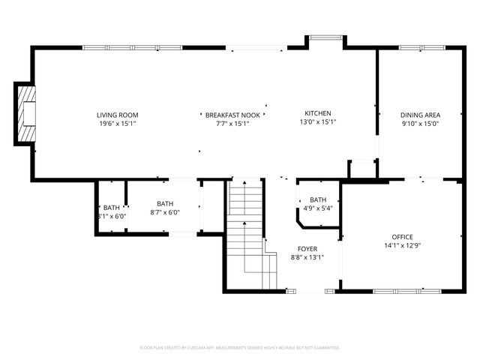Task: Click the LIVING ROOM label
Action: pos(117,115)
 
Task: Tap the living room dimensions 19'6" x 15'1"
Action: pos(117,123)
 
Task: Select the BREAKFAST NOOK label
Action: pos(232,115)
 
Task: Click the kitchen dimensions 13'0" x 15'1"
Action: pos(318,121)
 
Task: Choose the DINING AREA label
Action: pos(420,115)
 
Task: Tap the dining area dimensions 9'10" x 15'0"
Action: pos(420,123)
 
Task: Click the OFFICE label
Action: pos(402,237)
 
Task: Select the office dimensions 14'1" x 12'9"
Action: pos(402,245)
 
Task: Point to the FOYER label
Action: pos(307,249)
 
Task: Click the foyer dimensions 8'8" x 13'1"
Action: pos(307,257)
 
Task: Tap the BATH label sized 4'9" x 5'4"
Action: pos(318,199)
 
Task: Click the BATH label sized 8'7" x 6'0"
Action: pos(165,203)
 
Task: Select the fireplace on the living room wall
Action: pos(27,113)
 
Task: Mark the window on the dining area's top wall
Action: pos(420,48)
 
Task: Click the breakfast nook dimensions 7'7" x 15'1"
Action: pos(232,123)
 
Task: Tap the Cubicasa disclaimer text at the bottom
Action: pos(240,347)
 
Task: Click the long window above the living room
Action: pos(133,48)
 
